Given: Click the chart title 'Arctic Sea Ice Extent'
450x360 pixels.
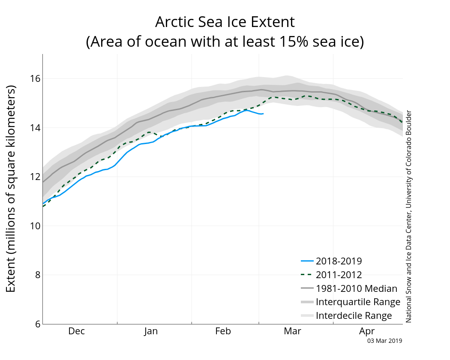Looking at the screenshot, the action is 225,22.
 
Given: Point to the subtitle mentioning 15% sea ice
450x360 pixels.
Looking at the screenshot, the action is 225,41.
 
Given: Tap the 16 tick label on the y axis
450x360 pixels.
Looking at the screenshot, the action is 36,78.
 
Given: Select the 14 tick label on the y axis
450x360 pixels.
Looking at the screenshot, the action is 36,127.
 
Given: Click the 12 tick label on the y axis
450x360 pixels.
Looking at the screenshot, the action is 36,177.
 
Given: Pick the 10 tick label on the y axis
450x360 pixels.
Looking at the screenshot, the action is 36,226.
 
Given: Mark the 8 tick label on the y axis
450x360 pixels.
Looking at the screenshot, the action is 38,275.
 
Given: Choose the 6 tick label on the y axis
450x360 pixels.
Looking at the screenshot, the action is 38,324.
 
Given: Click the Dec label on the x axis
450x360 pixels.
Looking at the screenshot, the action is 77,331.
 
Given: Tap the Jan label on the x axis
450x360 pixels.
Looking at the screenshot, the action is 151,331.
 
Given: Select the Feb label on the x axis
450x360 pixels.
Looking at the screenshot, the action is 223,331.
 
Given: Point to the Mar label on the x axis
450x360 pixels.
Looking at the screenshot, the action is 292,331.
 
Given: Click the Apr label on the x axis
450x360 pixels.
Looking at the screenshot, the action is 367,331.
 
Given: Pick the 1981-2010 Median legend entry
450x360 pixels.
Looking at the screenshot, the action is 349,288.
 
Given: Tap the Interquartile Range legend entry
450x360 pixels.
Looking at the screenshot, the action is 351,302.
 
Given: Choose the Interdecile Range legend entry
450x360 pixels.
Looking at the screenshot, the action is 346,315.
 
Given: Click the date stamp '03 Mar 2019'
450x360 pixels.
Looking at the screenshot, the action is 384,341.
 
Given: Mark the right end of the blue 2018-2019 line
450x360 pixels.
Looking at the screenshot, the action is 263,114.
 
